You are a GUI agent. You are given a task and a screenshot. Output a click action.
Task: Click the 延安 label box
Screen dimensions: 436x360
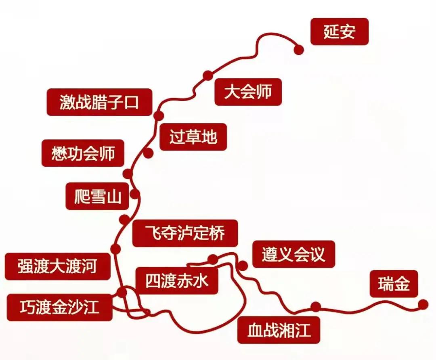point(340,31)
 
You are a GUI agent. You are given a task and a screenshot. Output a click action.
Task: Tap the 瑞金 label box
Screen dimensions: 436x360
point(394,284)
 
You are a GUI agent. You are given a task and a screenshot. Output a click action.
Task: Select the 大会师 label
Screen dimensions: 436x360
point(248,92)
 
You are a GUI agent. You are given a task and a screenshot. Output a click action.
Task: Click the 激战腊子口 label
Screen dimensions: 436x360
point(99,102)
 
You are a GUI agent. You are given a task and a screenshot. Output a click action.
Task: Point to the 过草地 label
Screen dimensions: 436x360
point(193,137)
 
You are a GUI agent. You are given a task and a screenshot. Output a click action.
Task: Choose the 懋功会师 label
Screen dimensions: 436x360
point(83,153)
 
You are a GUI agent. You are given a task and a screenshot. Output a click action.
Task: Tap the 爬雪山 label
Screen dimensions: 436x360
point(97,196)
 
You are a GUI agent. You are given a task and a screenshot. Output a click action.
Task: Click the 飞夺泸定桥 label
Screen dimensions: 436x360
point(185,233)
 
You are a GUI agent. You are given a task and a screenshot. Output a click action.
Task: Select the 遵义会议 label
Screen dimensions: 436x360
point(293,254)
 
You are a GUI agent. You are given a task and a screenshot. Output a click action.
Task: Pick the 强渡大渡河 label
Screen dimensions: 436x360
point(58,266)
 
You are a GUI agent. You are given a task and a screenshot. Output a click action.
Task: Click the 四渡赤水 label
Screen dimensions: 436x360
point(177,280)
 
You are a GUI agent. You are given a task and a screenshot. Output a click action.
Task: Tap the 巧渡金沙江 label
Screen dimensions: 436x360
point(59,308)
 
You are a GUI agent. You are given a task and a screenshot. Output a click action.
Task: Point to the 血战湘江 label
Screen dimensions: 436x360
point(279,330)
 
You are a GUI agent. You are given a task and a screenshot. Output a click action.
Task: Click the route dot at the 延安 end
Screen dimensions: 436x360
point(299,50)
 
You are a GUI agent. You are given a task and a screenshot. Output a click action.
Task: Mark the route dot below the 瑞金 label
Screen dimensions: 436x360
point(423,304)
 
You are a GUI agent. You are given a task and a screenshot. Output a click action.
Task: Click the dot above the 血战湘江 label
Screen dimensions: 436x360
point(316,307)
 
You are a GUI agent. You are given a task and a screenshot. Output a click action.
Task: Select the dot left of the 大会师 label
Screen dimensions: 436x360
point(208,75)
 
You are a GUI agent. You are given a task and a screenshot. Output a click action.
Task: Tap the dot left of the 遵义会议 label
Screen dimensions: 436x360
point(243,266)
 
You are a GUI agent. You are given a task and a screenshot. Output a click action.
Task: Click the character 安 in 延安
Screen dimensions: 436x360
point(348,31)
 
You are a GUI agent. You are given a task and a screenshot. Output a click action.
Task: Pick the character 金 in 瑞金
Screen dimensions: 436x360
point(402,284)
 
